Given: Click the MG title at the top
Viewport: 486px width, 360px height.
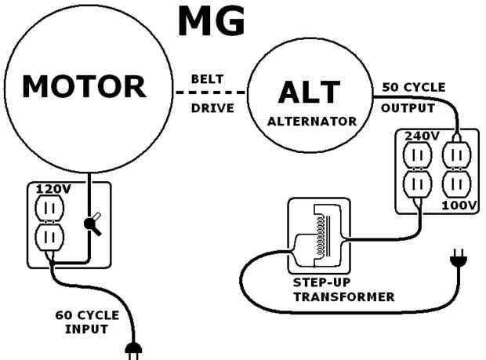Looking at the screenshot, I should [212, 22].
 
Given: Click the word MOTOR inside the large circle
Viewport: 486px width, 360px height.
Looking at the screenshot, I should [84, 86].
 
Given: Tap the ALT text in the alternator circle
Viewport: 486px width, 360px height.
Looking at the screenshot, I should [310, 93].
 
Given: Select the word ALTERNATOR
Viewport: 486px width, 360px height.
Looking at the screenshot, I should [312, 122].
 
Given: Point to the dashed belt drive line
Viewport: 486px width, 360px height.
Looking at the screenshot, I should [211, 93].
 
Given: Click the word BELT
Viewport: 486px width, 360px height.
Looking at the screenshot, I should [208, 79].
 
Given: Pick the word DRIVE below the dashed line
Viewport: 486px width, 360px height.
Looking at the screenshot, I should [212, 108].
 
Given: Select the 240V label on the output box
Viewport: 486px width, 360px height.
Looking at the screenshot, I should [421, 136].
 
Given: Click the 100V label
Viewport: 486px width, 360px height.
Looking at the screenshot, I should [458, 205].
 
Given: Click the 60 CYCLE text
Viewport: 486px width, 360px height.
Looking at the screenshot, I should [87, 315].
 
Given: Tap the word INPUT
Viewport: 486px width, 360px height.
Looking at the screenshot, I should [87, 329].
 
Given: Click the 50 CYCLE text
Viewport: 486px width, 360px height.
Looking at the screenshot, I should [414, 86].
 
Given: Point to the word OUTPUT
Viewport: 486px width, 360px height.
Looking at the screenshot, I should [408, 107].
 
